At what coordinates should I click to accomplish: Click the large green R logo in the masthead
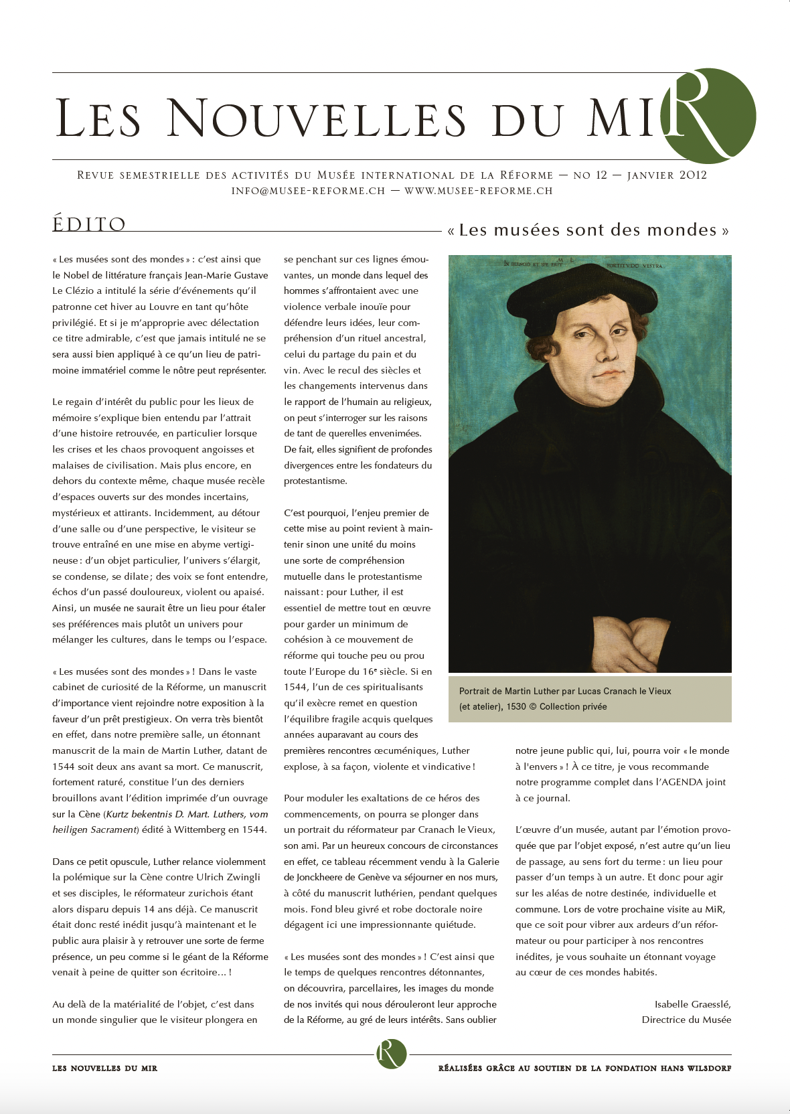(x=710, y=116)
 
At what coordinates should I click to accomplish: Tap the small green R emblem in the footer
(x=392, y=1054)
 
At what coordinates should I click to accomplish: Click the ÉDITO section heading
(x=89, y=224)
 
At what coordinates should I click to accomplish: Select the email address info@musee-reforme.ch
(x=308, y=191)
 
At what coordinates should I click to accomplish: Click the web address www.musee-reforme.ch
(x=479, y=191)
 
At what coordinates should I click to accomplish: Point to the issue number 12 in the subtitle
(x=601, y=175)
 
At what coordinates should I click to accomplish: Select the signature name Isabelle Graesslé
(x=692, y=1004)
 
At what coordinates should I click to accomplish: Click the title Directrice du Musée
(x=686, y=1020)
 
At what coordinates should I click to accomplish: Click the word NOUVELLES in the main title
(x=315, y=119)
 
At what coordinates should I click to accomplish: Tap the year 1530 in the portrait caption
(x=516, y=706)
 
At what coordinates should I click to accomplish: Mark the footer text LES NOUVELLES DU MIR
(x=104, y=1068)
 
